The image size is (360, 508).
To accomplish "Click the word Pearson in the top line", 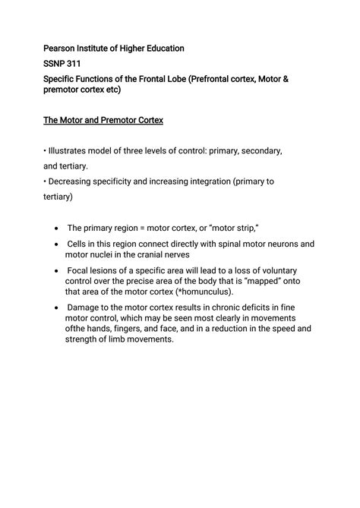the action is [62, 48].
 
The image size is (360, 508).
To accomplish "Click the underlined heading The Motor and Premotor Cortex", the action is [109, 120].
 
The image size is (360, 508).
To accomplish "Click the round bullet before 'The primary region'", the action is [58, 228].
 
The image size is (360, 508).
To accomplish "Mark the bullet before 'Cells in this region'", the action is [58, 245].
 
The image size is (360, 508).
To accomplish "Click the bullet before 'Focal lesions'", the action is [58, 271].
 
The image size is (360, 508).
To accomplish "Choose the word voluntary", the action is [274, 270].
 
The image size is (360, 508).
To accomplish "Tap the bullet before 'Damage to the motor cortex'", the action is [58, 308].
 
